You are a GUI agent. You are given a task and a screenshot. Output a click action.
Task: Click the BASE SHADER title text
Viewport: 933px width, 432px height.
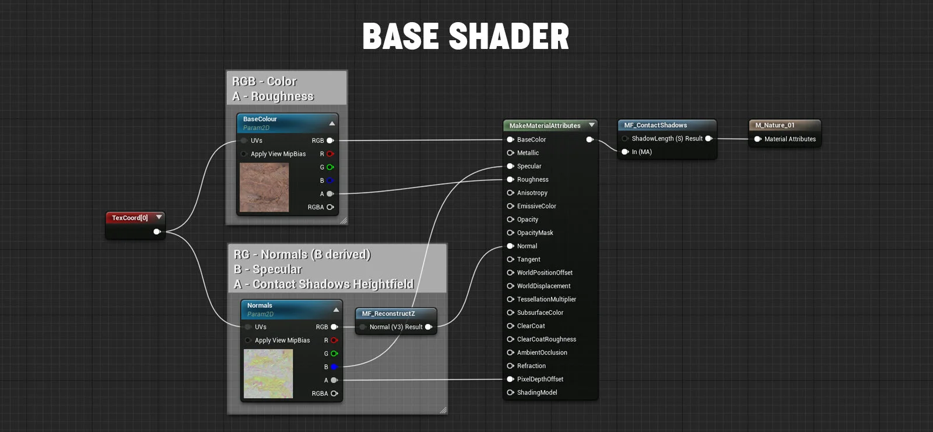pos(465,37)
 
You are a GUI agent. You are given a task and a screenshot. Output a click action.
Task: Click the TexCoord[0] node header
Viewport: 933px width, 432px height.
pos(130,218)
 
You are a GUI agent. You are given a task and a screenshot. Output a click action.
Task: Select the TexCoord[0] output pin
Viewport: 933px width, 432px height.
pos(156,231)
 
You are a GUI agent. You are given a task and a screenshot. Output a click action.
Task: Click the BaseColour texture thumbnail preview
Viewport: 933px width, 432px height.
pos(264,187)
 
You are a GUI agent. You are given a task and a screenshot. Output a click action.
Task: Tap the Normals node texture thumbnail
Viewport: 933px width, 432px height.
pos(268,374)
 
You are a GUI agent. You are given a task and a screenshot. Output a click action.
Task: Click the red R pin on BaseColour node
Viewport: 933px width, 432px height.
pos(330,154)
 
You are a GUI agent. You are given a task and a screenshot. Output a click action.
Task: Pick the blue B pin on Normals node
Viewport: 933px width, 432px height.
pos(334,367)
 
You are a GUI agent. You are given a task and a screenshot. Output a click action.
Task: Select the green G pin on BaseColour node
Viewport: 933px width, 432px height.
pos(330,167)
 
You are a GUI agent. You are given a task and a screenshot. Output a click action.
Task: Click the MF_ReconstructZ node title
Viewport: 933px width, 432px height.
pos(388,314)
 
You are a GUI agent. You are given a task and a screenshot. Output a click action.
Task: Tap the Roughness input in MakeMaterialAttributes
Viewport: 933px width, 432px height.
pos(532,180)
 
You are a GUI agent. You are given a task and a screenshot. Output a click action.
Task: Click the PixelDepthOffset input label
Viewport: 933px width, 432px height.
pos(540,379)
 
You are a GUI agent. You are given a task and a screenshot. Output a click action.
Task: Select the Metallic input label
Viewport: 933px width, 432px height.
pos(528,153)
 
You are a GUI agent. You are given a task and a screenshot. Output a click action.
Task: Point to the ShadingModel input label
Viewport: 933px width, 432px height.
pos(537,392)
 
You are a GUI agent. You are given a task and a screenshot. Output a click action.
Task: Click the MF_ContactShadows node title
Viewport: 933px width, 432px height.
pos(655,125)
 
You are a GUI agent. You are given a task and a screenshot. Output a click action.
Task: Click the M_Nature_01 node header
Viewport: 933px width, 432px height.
pos(775,125)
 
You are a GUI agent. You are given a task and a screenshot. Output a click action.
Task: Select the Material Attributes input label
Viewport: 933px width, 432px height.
pos(790,139)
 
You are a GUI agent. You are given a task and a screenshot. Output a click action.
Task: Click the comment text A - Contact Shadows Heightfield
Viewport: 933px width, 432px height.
pos(324,284)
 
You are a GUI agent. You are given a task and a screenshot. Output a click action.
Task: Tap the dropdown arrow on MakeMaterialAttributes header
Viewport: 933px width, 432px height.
pos(592,125)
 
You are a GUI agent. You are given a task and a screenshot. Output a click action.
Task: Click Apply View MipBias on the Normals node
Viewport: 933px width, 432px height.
pos(282,340)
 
